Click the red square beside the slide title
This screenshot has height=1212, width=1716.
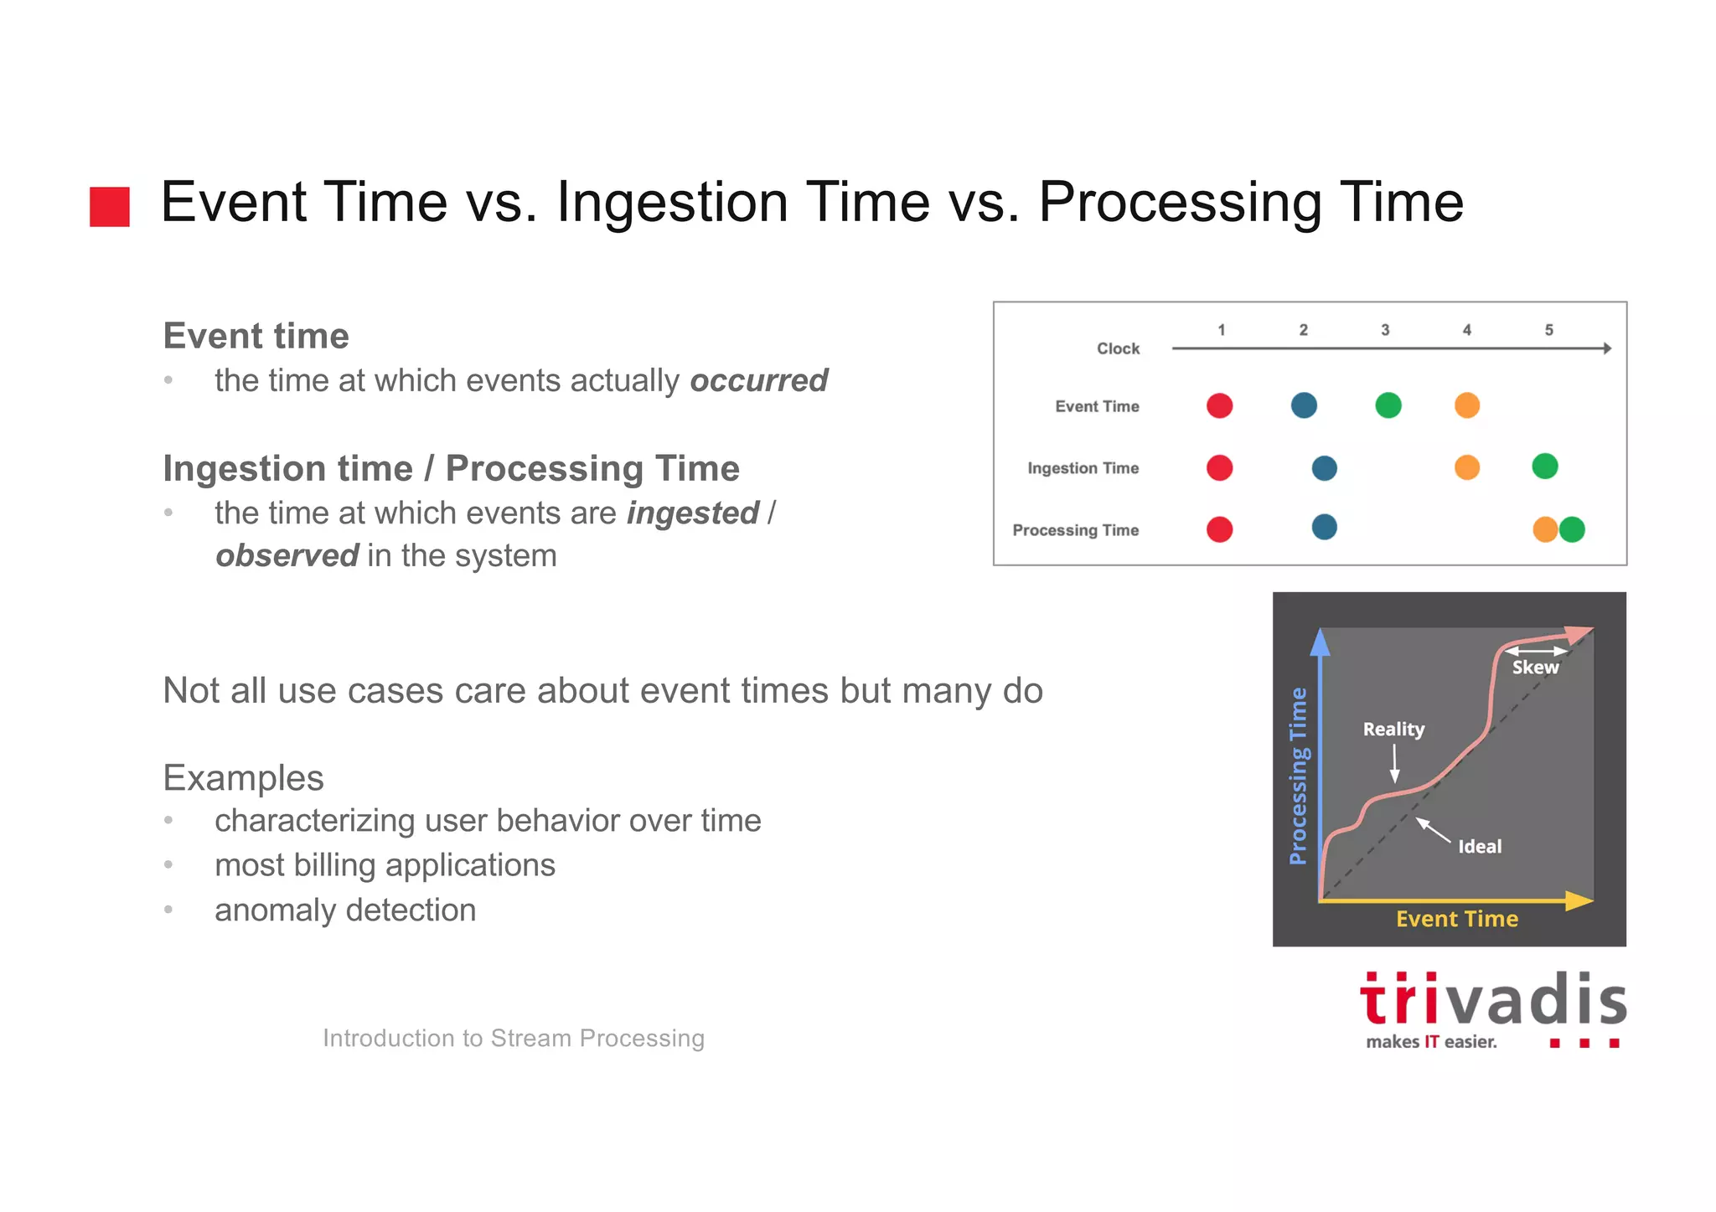click(x=110, y=206)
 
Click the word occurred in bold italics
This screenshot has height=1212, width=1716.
click(x=758, y=380)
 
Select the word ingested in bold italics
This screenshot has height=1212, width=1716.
click(x=693, y=513)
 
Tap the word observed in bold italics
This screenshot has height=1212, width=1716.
click(x=287, y=555)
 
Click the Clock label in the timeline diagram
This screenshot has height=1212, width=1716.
click(x=1118, y=348)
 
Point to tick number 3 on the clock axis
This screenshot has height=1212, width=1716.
click(x=1385, y=330)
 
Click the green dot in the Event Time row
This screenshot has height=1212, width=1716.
click(x=1388, y=405)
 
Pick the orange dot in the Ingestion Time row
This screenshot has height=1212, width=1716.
click(x=1466, y=467)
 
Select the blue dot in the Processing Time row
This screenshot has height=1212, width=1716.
click(x=1324, y=528)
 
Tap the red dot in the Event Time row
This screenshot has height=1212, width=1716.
click(x=1219, y=405)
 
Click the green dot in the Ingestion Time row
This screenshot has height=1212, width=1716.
click(x=1544, y=466)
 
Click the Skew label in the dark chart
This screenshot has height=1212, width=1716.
click(x=1535, y=668)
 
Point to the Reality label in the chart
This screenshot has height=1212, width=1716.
click(x=1393, y=729)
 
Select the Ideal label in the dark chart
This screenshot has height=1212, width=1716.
click(x=1480, y=847)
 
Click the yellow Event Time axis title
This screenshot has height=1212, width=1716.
click(x=1456, y=919)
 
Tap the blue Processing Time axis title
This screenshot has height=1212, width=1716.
click(x=1298, y=776)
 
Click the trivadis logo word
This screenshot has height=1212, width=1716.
click(x=1492, y=1001)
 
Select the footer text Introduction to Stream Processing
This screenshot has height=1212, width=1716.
click(x=513, y=1038)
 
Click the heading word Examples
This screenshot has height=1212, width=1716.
click(x=243, y=777)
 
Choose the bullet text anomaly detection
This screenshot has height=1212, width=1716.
click(x=344, y=910)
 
